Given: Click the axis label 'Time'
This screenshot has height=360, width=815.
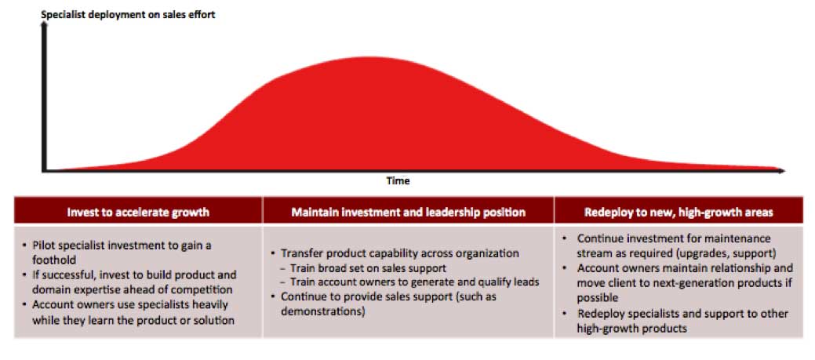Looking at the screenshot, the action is [x=398, y=180].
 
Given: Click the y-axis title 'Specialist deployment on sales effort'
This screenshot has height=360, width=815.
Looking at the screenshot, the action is [x=128, y=15].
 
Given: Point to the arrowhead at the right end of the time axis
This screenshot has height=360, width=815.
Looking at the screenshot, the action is [x=781, y=170].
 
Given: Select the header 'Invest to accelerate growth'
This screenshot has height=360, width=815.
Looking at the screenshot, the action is [x=138, y=212].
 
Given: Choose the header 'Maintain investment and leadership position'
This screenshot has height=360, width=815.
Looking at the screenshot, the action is [x=409, y=212].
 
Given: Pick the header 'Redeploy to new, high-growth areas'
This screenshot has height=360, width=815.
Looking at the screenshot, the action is [x=679, y=212].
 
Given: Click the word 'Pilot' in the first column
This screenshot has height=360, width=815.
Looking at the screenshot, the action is [x=44, y=245].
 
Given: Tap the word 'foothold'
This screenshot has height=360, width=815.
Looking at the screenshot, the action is [x=52, y=259].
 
